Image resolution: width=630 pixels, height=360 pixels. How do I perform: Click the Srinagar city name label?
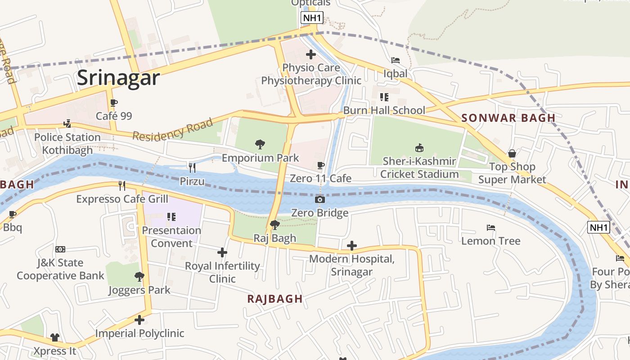pos(118,78)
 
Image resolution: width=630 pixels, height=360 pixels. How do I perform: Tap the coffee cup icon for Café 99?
pos(114,103)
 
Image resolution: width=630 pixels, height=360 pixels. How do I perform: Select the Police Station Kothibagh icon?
pos(67,123)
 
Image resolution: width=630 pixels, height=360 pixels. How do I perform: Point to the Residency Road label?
pos(172,129)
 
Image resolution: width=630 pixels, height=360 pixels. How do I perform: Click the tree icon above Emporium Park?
pos(260,144)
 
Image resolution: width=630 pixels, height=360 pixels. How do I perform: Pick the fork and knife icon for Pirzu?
pos(192,168)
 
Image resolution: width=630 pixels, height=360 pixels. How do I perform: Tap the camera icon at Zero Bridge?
pos(320,199)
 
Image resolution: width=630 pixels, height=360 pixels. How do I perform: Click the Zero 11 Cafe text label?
pos(320,179)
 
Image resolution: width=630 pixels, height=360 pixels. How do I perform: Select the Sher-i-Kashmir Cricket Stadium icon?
pos(419,148)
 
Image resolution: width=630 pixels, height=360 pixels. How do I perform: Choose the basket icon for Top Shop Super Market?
pos(512,153)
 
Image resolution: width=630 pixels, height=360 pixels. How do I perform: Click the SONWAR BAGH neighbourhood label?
pos(508,118)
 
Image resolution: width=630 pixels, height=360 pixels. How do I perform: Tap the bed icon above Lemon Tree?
pos(491,228)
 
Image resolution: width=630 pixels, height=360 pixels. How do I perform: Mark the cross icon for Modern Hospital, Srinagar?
pos(352,246)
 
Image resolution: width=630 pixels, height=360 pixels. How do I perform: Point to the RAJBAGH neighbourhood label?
pos(274,299)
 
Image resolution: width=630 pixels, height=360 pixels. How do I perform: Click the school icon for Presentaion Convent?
pos(171,217)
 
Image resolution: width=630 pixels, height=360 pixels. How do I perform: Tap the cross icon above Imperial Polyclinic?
pos(139,320)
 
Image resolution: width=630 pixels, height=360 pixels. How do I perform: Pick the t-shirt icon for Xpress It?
pos(55,337)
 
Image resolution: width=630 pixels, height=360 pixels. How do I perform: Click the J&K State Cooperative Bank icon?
pos(60,249)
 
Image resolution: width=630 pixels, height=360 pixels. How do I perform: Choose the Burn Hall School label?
pos(384,111)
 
